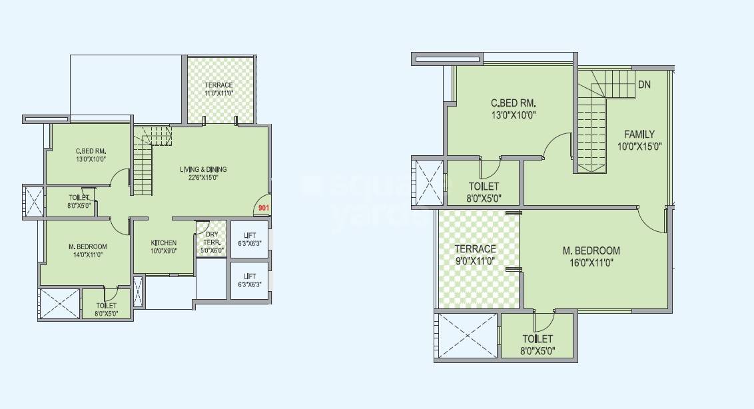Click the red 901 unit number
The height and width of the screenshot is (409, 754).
pos(263,208)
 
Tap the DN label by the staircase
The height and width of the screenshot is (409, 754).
pos(644,85)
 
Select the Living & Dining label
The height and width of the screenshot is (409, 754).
pos(203,169)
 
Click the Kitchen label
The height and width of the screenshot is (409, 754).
pos(163,242)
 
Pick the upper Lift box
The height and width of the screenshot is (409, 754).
pos(250,239)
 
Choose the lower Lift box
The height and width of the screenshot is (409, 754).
pos(250,280)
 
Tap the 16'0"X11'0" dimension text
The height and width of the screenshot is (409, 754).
pos(591,262)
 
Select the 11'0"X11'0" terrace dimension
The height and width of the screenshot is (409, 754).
pos(218,93)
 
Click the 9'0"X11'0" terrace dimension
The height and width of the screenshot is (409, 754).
pos(476,261)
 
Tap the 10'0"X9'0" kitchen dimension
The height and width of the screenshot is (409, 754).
pos(163,251)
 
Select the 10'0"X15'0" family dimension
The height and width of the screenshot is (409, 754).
pos(639,147)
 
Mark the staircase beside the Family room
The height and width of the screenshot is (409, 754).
pos(591,127)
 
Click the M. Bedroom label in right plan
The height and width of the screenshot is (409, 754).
pos(591,250)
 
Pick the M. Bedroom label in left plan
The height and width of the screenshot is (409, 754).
pos(87,246)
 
